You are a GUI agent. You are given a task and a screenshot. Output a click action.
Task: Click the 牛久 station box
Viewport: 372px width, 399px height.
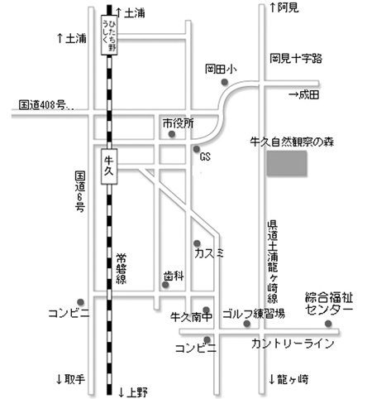click(109, 166)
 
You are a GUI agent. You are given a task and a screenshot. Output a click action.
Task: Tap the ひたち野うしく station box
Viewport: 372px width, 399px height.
click(109, 35)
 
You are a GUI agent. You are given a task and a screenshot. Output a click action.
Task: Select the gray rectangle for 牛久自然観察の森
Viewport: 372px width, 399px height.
click(287, 163)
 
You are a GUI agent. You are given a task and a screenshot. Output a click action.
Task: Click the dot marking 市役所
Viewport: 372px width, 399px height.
click(172, 134)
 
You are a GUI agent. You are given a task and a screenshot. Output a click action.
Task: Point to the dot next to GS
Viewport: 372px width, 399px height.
click(197, 149)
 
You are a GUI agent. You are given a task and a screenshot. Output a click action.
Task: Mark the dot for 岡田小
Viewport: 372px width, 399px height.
click(225, 82)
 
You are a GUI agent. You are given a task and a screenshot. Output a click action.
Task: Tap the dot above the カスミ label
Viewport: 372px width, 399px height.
click(197, 243)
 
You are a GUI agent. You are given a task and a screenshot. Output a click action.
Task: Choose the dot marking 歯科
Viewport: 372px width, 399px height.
click(165, 285)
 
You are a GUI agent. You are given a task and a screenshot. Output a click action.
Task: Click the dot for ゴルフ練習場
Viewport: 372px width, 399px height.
click(247, 324)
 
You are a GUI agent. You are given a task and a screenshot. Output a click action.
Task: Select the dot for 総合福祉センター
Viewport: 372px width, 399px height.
click(328, 324)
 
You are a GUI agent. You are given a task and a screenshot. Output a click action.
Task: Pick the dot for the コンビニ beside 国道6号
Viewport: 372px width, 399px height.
click(80, 302)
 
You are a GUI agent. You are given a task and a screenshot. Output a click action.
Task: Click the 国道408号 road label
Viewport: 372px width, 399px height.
click(46, 105)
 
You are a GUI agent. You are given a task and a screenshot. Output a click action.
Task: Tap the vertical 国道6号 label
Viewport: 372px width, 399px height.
click(80, 191)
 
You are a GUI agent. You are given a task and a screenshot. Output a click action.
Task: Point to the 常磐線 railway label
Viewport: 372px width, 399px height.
click(121, 269)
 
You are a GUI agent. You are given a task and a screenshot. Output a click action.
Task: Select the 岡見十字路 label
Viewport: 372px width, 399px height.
click(296, 59)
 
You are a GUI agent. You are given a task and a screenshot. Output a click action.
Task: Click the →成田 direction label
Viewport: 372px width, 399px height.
click(304, 95)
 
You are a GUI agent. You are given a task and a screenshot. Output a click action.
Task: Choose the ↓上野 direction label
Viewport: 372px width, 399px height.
click(133, 392)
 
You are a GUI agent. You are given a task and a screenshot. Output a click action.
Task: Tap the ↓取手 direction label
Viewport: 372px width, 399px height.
click(70, 379)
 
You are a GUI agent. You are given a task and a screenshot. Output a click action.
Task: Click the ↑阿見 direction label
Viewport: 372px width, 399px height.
click(284, 7)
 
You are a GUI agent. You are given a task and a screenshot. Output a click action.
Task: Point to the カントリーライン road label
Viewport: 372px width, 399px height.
click(293, 344)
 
